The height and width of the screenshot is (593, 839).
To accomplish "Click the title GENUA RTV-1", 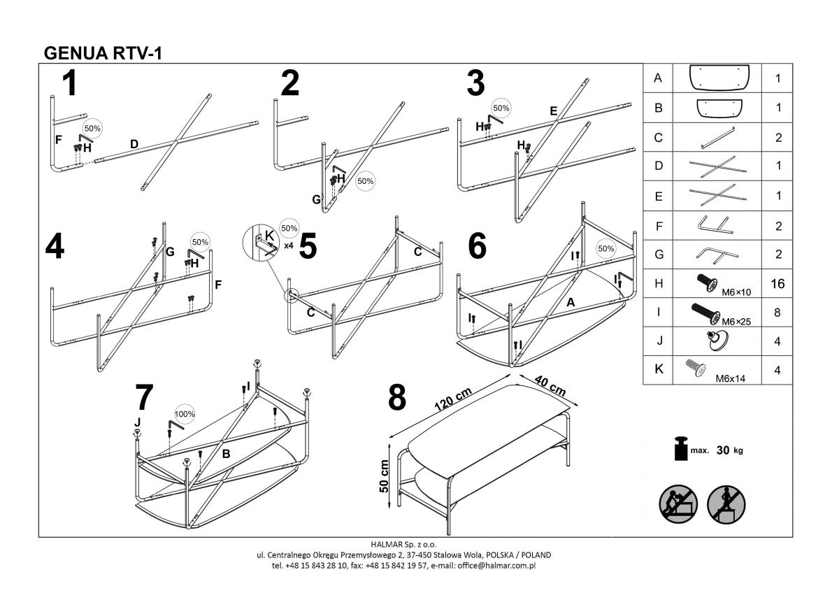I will pos(103,53).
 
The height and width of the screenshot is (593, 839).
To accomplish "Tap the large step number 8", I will pos(396,398).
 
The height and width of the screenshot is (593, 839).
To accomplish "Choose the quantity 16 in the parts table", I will pos(777,284).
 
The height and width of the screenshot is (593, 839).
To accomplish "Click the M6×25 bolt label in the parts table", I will pos(736,321).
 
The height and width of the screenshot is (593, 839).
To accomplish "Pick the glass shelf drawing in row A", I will pos(719,78).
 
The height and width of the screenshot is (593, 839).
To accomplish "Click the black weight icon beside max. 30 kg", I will pos(680,450).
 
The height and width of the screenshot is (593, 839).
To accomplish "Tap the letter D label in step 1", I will pos(134,145).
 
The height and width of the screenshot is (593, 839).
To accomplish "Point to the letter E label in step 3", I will pos(554,110).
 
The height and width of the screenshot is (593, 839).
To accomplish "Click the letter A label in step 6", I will pos(571,303).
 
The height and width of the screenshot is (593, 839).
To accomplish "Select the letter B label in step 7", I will pos(226,454).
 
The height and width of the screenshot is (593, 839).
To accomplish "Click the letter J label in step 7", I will pos(137,422).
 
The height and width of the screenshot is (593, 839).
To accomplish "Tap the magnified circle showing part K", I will pos(260,243).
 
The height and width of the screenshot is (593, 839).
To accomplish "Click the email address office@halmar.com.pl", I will pos(498,565).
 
